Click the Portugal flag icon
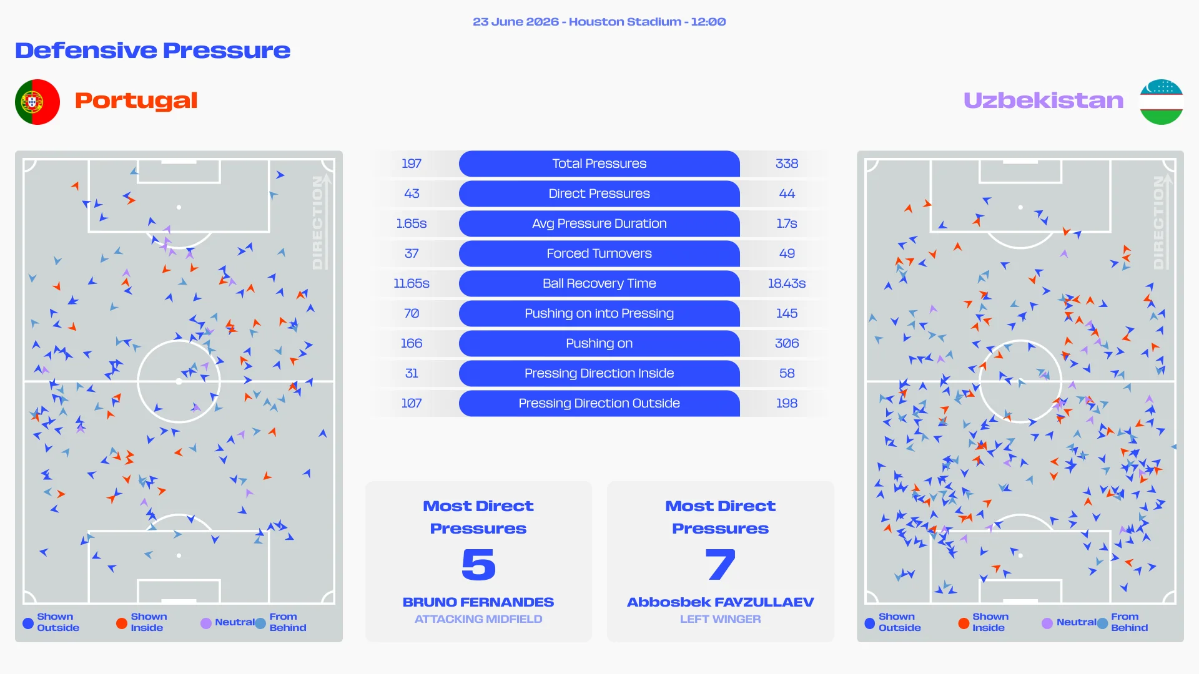point(37,102)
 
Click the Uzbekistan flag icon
point(1162,102)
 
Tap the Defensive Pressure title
point(153,51)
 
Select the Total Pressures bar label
point(599,164)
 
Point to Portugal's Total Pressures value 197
point(412,164)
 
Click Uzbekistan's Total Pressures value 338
point(787,164)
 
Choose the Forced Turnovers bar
point(599,253)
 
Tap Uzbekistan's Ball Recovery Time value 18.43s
point(787,283)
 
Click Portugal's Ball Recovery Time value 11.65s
point(412,283)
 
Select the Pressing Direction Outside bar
point(599,403)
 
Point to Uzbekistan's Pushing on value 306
point(787,343)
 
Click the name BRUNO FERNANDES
point(478,602)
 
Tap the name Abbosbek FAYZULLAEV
point(721,602)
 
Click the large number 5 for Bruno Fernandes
point(478,565)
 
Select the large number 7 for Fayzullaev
point(721,565)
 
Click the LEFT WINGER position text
point(721,619)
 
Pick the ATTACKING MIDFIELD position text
point(478,619)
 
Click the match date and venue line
point(599,22)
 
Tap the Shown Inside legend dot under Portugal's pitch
point(122,623)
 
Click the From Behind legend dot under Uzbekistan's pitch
point(1103,623)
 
